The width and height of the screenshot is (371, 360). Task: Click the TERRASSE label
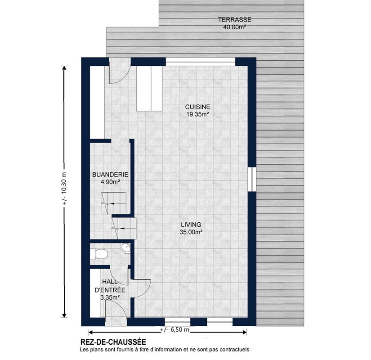[x=234, y=20]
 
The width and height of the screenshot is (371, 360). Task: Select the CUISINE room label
[x=197, y=107]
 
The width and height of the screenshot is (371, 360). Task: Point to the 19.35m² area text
[x=197, y=114]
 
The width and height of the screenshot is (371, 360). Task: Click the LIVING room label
[x=191, y=225]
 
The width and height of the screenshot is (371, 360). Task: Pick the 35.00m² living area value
[x=191, y=232]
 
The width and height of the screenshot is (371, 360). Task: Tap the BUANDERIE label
[x=110, y=175]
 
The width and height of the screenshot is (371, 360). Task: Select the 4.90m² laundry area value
[x=110, y=182]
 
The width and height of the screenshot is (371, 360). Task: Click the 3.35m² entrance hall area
[x=110, y=297]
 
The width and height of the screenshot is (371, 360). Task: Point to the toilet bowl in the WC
[x=101, y=254]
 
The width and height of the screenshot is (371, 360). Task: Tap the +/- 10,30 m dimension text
[x=64, y=188]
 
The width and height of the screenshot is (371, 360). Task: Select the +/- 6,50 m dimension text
[x=175, y=329]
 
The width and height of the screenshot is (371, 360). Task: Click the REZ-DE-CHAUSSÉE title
[x=113, y=342]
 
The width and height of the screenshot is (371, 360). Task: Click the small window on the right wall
[x=252, y=180]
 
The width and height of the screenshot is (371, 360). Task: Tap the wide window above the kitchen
[x=201, y=62]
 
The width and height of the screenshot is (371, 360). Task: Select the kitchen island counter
[x=149, y=88]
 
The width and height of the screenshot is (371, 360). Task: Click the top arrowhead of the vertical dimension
[x=64, y=68]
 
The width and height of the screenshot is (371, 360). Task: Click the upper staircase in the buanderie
[x=114, y=203]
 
